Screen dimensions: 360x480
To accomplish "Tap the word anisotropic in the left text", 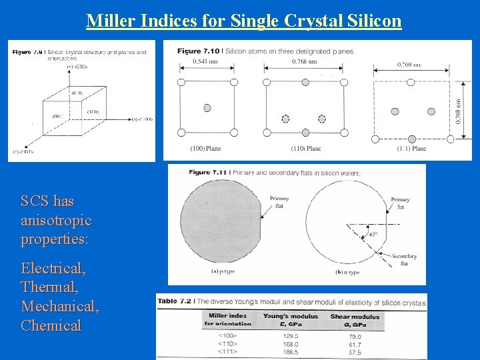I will (57, 220).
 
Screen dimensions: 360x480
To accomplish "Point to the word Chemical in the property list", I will (51, 325).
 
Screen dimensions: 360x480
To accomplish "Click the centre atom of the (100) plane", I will (207, 108).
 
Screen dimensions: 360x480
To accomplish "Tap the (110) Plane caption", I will (305, 149).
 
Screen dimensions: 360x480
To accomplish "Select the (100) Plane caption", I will (205, 149).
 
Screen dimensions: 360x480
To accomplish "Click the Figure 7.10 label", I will (198, 51).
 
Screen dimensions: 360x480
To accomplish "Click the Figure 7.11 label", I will (207, 173).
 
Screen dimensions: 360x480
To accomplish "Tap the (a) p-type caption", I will (222, 272).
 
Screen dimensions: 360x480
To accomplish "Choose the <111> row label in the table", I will (227, 353).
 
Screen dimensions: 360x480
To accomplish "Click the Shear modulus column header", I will (355, 316).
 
